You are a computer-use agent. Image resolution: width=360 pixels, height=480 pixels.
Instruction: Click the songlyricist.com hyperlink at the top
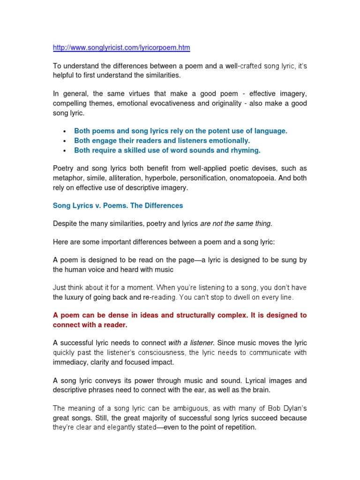(x=121, y=48)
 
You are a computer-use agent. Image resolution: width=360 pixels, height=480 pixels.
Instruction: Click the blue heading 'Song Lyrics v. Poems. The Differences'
(x=118, y=206)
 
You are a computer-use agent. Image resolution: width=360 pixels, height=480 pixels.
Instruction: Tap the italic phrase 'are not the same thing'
(x=236, y=224)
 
